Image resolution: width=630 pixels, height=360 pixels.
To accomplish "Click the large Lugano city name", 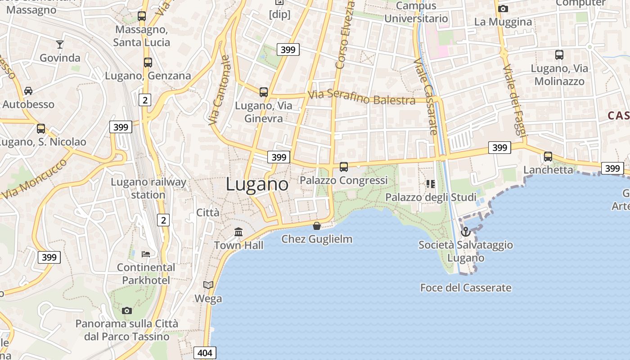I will [257, 184].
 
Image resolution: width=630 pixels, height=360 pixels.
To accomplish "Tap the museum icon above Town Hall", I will [238, 232].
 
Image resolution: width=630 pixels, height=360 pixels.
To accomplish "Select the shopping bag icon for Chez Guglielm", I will [317, 225].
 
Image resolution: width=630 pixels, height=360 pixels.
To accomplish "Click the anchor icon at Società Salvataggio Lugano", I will [466, 232].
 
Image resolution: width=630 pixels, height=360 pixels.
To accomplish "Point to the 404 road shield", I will [205, 353].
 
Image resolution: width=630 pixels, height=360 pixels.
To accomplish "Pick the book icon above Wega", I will [208, 285].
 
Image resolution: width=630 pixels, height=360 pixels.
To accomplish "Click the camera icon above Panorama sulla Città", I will [127, 310].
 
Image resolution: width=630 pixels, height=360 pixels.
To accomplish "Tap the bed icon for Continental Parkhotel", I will [146, 254].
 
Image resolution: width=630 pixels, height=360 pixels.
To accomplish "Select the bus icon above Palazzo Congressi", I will [344, 167].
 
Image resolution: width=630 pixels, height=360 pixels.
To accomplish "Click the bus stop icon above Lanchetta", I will [548, 157].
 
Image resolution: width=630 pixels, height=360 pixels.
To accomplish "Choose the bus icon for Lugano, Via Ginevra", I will [264, 92].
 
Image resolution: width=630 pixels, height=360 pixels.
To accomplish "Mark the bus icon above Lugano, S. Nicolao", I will [41, 129].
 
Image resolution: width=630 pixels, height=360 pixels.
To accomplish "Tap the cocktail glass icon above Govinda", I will [59, 44].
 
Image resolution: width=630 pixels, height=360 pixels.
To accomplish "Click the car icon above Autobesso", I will [28, 91].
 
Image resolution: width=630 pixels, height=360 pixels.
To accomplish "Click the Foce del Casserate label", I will [466, 288].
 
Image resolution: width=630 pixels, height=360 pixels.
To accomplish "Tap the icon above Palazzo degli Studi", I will [431, 184].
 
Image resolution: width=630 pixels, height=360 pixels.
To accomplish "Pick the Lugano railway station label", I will [148, 188].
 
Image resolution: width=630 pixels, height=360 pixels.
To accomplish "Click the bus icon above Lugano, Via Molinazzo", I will [559, 55].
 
